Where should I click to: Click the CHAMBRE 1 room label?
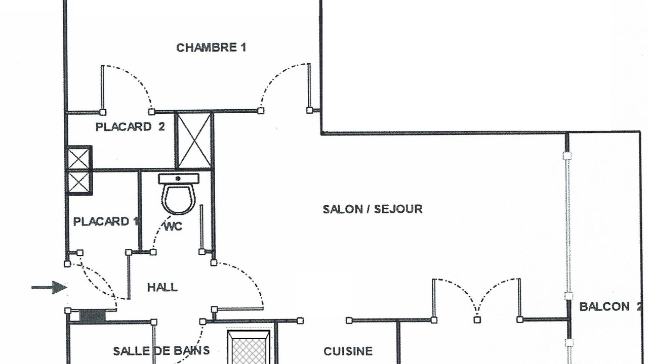click(x=211, y=48)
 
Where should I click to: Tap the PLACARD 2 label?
click(x=130, y=127)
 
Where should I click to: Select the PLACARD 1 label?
click(x=106, y=221)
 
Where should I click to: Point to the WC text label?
click(x=173, y=226)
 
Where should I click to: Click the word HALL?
click(x=163, y=288)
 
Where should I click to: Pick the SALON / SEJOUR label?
click(x=373, y=209)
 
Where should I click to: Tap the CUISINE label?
click(x=348, y=351)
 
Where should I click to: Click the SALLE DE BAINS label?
click(x=161, y=351)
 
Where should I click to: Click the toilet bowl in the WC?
click(x=179, y=199)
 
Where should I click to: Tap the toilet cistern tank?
click(x=179, y=178)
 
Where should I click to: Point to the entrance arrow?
click(x=49, y=288)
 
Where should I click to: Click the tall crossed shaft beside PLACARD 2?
click(x=194, y=141)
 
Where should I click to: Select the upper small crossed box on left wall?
click(x=79, y=158)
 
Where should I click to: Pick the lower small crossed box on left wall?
click(x=79, y=183)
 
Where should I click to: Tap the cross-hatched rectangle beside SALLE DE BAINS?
click(x=249, y=347)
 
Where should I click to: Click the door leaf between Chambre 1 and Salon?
click(x=309, y=86)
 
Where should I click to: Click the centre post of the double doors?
click(x=477, y=320)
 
